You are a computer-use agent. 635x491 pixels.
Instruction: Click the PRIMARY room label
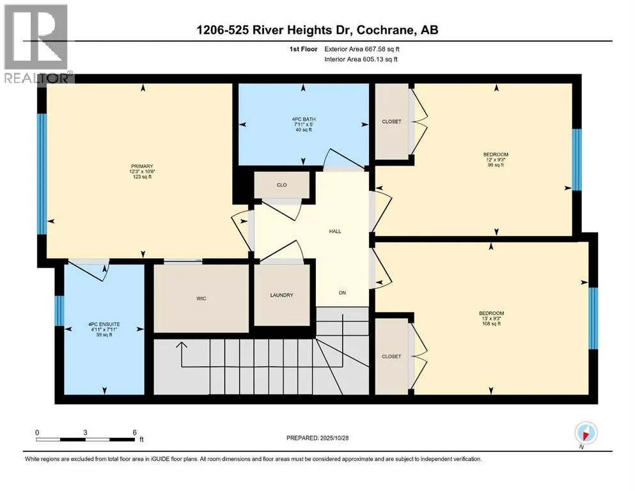142,166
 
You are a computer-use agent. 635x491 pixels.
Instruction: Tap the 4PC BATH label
304,120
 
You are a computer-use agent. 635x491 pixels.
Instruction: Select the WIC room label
201,299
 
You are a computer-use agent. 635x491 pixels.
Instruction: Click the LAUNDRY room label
281,295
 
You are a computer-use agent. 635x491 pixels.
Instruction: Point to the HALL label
335,231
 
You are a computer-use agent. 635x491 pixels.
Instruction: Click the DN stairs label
343,293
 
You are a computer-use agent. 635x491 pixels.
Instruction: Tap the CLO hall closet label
282,185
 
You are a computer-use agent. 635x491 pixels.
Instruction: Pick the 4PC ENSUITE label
104,324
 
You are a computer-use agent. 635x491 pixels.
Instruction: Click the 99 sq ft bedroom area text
496,165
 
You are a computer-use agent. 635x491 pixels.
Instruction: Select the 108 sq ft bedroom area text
491,323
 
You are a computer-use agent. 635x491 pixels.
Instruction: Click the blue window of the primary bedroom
42,174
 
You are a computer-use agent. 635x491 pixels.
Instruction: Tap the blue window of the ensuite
59,311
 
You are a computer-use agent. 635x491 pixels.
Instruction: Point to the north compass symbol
586,433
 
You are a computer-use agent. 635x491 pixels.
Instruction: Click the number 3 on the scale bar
85,432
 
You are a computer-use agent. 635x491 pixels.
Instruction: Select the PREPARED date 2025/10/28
334,438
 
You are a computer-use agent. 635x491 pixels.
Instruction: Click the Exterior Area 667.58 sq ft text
362,49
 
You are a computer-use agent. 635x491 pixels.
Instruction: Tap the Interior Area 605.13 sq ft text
361,59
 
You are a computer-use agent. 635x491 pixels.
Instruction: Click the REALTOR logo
36,43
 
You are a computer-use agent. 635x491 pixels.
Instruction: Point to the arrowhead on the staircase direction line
182,345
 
